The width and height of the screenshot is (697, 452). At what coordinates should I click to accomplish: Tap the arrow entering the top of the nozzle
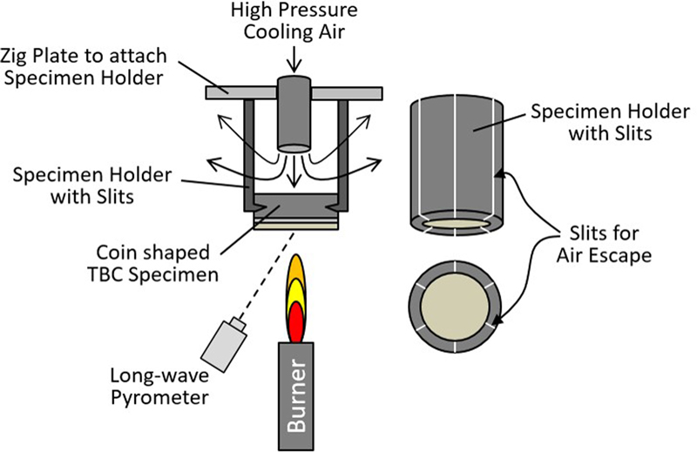[x=295, y=63]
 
